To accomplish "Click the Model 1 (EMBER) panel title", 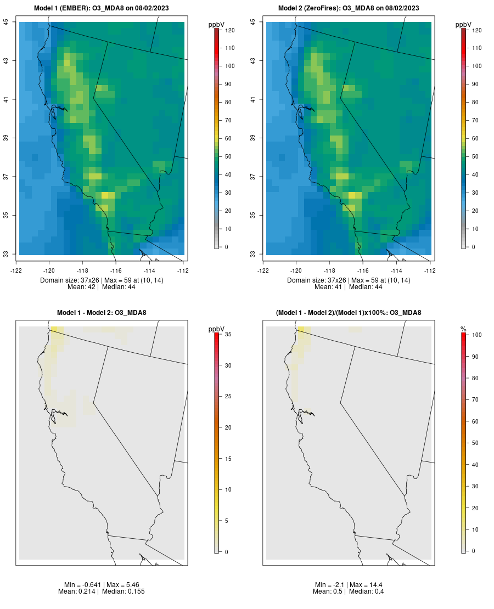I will pos(102,8).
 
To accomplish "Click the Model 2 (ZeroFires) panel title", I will pos(349,8).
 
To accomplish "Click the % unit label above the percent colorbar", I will pos(463,329).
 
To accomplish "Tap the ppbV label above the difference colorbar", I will pos(217,329).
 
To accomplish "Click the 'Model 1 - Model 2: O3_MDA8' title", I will pos(102,313).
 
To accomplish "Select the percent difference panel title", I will pos(349,313).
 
